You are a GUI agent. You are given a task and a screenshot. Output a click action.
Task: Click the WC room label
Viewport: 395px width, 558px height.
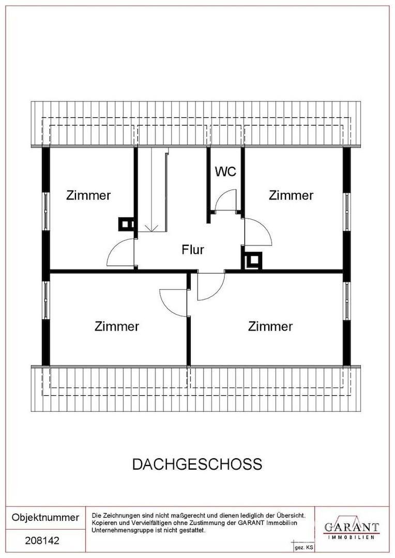[226, 172]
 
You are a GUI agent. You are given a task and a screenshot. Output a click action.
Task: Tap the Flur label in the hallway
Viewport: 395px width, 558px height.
[193, 250]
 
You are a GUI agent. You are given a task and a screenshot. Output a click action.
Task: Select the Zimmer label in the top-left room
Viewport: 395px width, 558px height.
[88, 195]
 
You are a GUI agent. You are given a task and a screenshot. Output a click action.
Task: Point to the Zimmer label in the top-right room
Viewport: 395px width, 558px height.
[291, 195]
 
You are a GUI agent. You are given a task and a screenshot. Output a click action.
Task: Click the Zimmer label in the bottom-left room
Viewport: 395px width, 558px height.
[117, 327]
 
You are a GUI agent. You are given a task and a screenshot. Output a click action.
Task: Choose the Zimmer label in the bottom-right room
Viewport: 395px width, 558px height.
[270, 327]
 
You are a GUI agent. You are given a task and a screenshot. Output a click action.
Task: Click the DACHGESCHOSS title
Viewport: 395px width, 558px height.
[197, 464]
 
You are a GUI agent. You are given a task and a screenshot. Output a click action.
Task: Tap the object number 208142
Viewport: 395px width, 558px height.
[42, 541]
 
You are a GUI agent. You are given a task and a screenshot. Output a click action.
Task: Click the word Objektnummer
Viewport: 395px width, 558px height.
[45, 517]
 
